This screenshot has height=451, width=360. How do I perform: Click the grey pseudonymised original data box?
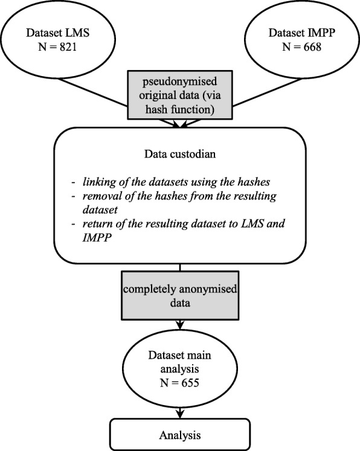(179, 95)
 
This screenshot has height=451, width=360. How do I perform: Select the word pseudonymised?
(179, 82)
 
